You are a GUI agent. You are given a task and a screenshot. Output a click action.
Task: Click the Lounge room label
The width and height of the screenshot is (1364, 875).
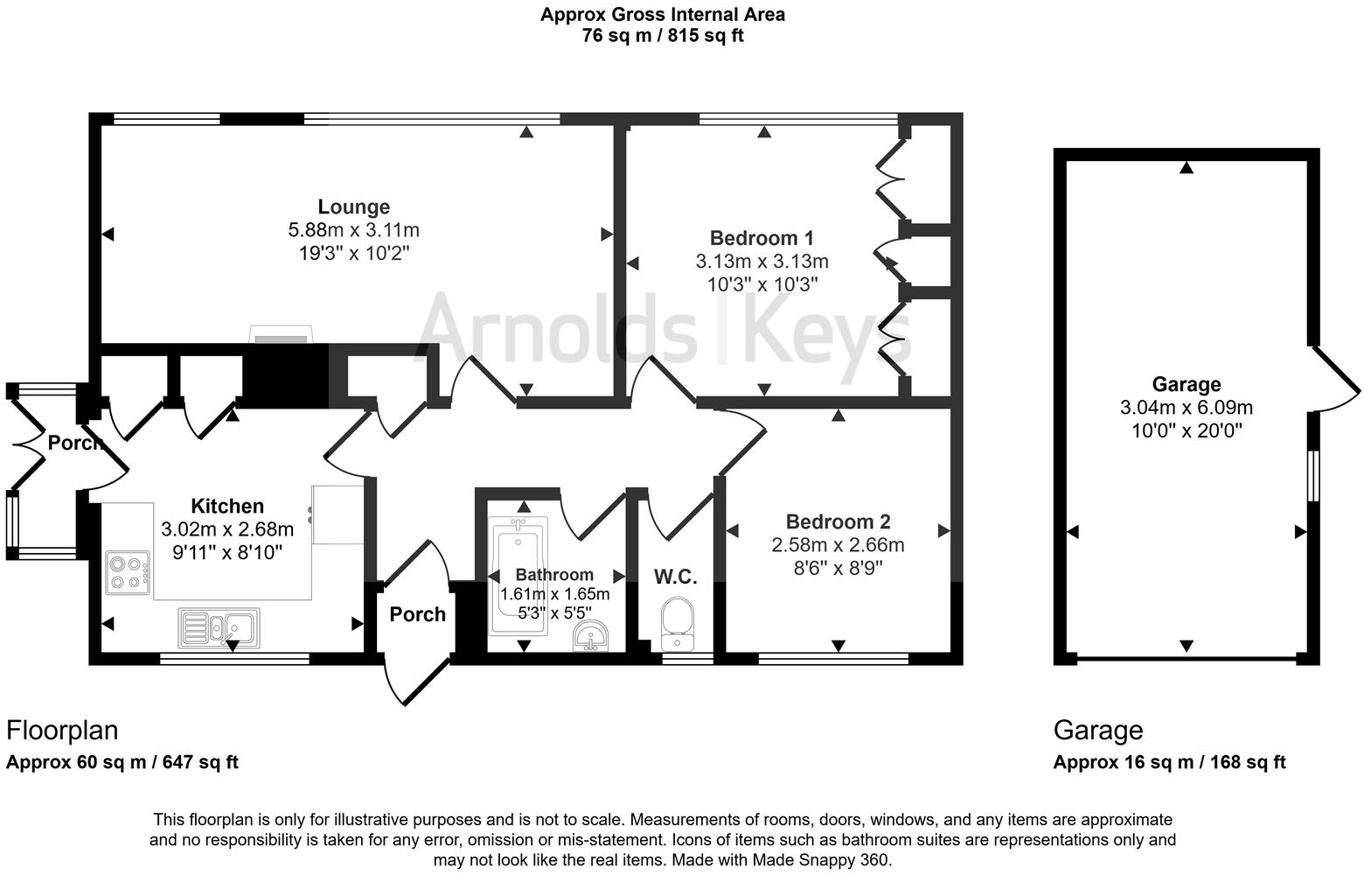point(353,207)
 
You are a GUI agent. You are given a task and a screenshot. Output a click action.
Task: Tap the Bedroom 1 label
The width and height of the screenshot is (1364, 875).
point(762,238)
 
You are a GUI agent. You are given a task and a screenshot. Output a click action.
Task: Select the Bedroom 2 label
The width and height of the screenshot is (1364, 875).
point(838,522)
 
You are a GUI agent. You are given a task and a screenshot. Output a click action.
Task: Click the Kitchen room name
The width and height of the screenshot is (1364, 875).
point(227,507)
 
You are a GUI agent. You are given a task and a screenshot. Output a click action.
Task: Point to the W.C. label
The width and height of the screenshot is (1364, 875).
point(675,577)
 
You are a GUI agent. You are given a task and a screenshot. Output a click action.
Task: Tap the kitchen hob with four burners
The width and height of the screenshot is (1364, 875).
point(128,573)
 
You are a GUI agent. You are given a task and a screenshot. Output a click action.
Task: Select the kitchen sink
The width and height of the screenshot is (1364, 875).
point(219,626)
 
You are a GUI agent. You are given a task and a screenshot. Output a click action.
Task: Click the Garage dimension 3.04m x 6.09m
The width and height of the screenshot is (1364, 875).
point(1186,408)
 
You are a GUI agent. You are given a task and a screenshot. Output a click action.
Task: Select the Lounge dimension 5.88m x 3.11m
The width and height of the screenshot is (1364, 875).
point(353,231)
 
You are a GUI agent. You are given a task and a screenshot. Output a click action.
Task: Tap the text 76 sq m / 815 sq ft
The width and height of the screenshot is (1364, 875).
point(662,36)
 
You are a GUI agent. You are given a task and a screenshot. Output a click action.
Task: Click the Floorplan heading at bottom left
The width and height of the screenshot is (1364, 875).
point(62,730)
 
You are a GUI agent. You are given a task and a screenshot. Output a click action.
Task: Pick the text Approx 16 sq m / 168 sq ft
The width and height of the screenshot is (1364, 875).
point(1169,762)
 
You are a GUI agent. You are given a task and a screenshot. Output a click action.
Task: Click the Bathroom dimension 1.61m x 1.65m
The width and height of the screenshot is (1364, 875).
point(554,594)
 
